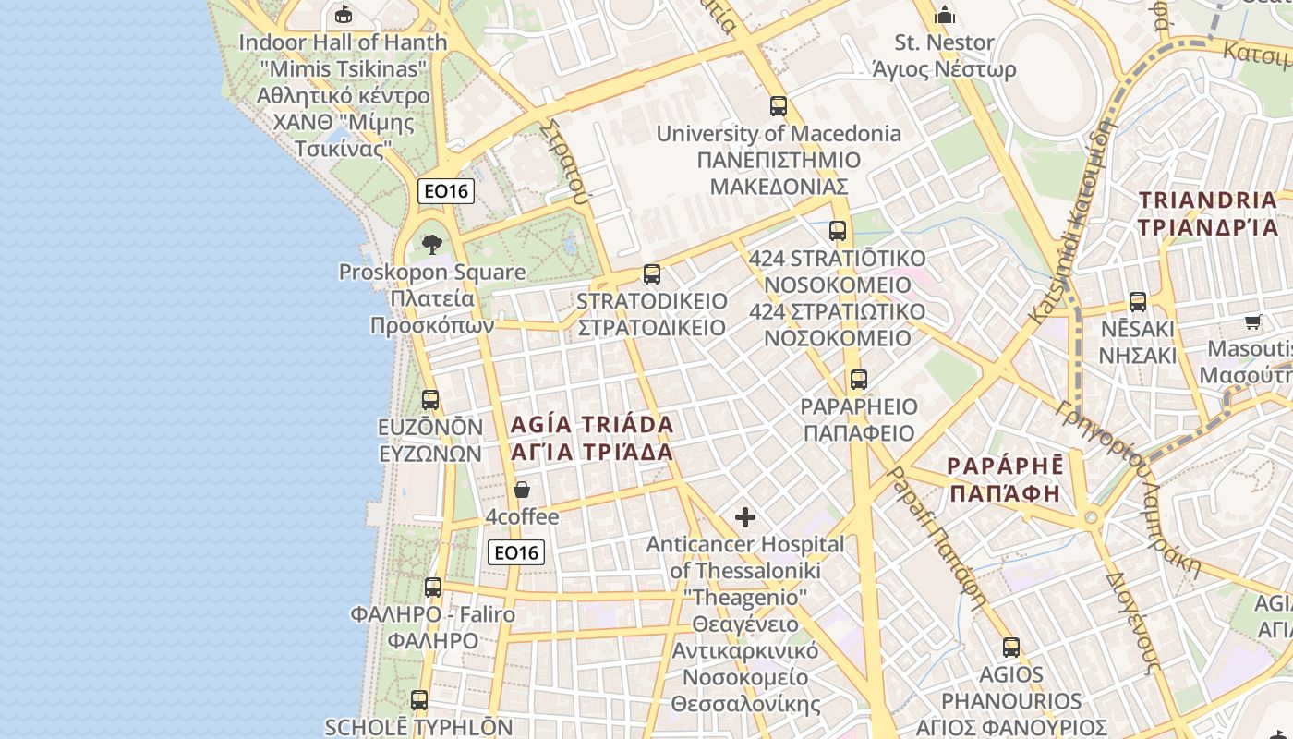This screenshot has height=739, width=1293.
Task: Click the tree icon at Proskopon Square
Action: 431,245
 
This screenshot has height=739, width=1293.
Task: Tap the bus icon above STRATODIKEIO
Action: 651,274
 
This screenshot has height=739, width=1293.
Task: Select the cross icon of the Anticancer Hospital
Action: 744,517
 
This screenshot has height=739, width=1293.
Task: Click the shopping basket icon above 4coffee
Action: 522,490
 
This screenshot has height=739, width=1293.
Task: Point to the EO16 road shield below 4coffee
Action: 516,552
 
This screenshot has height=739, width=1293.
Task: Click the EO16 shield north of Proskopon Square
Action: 446,191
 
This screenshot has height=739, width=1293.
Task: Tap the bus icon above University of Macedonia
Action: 779,106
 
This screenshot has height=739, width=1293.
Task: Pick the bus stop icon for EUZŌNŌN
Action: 430,400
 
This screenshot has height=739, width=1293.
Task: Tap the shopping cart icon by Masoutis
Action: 1252,322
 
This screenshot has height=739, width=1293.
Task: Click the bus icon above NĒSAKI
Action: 1138,302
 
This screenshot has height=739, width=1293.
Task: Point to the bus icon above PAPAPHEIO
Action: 859,380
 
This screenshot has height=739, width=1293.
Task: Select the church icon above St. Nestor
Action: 945,16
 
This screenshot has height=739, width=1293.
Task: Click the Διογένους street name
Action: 1132,621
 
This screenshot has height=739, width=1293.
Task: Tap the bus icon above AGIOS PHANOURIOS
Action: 1011,648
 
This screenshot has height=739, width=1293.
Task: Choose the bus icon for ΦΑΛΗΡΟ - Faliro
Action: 433,588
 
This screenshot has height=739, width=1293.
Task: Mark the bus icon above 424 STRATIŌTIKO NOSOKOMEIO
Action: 838,231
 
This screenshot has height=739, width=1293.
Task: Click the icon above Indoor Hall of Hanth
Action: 344,14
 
